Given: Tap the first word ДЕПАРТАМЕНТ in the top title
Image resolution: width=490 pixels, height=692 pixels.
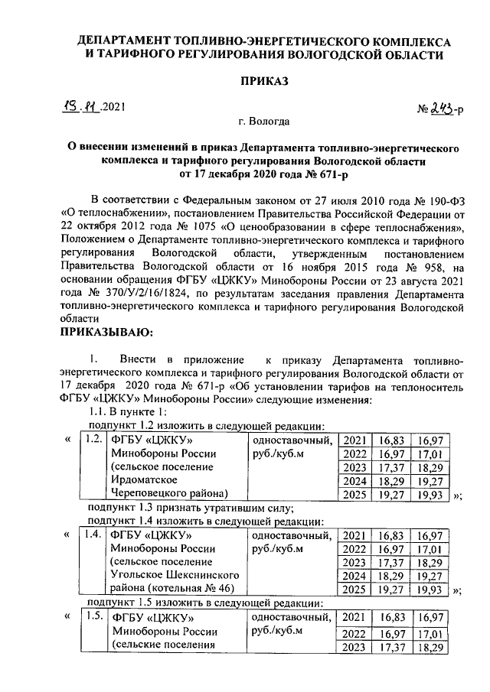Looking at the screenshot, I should pyautogui.click(x=126, y=41).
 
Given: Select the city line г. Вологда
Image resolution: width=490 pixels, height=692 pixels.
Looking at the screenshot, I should pyautogui.click(x=264, y=122).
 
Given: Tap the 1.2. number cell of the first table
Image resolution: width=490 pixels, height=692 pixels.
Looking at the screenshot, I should pyautogui.click(x=93, y=439).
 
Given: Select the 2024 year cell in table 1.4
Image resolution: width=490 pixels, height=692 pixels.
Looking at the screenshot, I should pyautogui.click(x=354, y=576).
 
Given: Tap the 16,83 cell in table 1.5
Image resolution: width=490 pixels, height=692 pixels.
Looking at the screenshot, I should pyautogui.click(x=390, y=617).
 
